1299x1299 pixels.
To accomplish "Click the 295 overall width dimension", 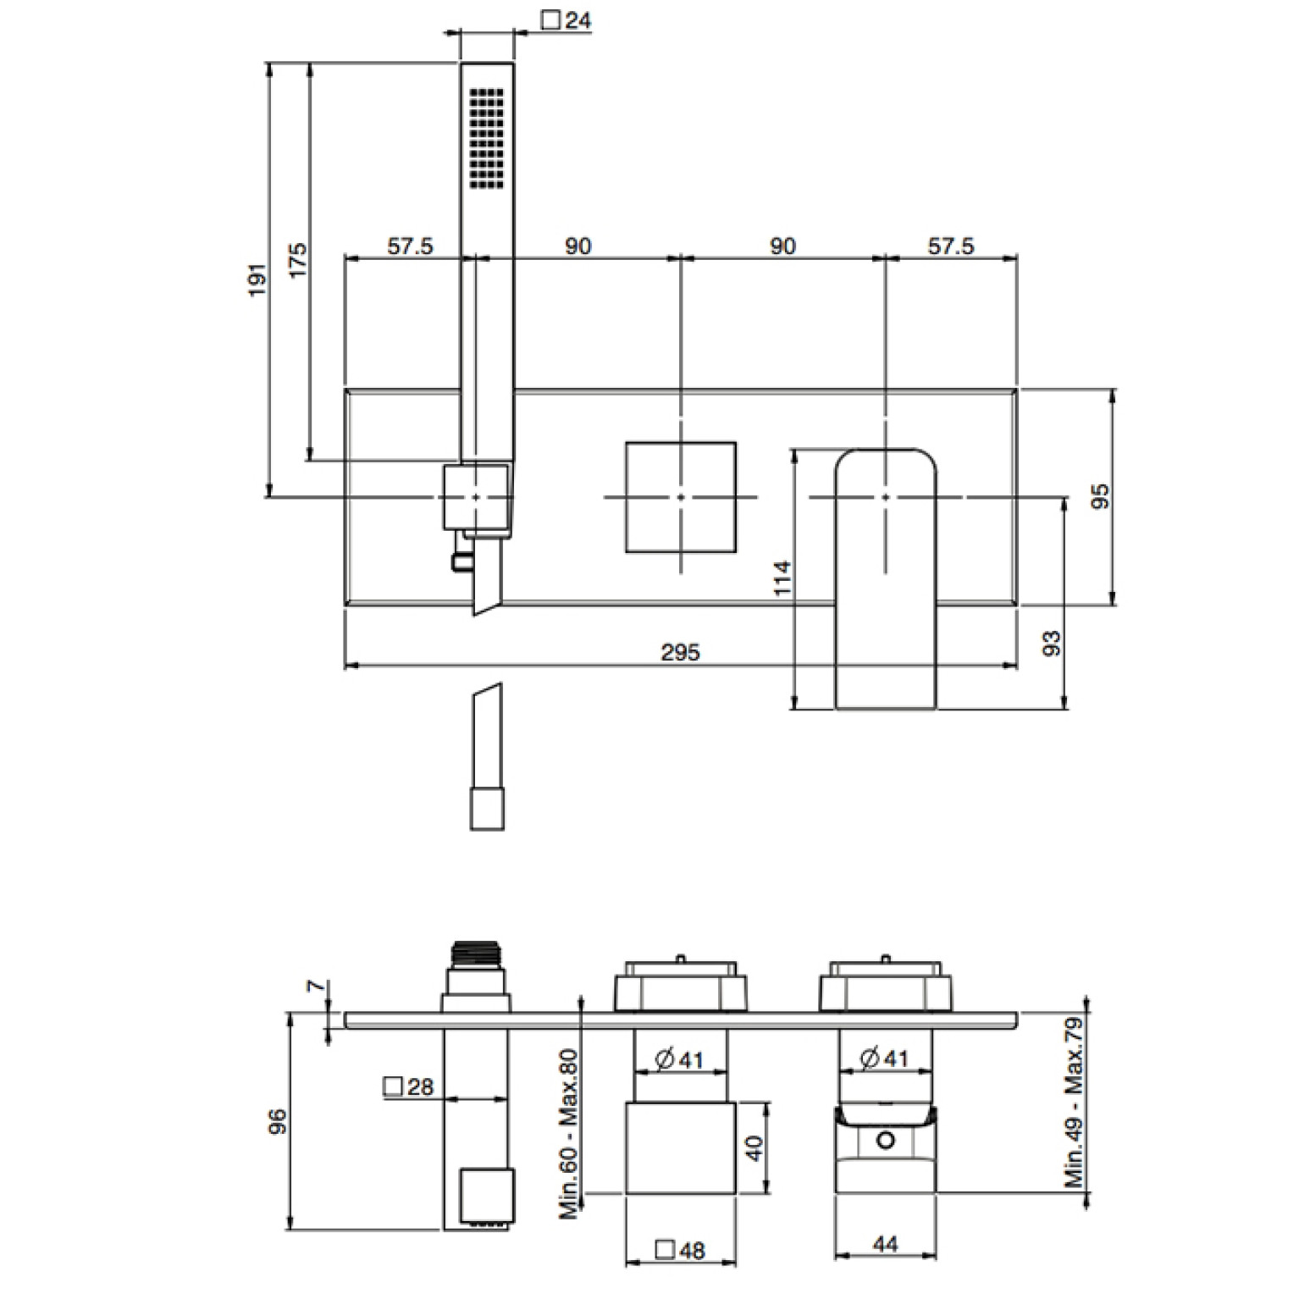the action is pyautogui.click(x=681, y=651).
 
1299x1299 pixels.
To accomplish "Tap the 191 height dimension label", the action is pyautogui.click(x=257, y=279).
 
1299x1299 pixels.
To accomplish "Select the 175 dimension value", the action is pyautogui.click(x=297, y=261).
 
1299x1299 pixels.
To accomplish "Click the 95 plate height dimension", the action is pyautogui.click(x=1099, y=496).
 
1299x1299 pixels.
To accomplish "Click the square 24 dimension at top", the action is pyautogui.click(x=566, y=19).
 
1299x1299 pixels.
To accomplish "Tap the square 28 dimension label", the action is pyautogui.click(x=409, y=1086).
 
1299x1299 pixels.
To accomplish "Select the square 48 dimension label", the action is pyautogui.click(x=681, y=1250).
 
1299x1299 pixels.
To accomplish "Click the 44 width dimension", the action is pyautogui.click(x=885, y=1243).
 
